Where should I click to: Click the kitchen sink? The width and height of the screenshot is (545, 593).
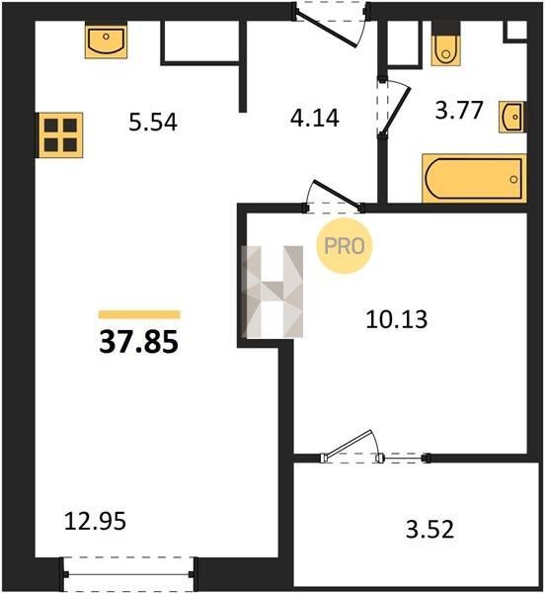[x=106, y=40]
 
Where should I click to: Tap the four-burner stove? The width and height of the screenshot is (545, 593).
[x=60, y=135]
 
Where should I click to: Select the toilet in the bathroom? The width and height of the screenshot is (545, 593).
[x=446, y=44]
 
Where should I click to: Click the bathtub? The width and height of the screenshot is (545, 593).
[x=474, y=179]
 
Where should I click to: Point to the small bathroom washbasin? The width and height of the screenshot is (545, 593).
[x=512, y=117]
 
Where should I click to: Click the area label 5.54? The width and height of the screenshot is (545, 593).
[x=153, y=123]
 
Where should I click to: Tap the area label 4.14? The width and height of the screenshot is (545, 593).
[x=315, y=118]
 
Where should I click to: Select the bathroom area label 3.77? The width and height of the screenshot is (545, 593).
[x=459, y=110]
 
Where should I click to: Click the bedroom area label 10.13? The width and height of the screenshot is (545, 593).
[x=397, y=319]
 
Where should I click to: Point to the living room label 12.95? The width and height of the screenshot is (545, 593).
[x=95, y=521]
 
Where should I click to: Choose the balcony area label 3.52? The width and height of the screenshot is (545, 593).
[x=429, y=529]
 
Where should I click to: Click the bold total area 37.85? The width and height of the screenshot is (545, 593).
[x=138, y=342]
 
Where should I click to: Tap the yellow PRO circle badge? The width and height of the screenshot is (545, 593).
[x=344, y=246]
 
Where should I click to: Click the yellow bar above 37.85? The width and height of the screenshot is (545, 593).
[x=139, y=314]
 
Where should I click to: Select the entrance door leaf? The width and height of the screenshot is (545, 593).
[x=326, y=31]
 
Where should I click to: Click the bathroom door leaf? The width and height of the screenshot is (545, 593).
[x=396, y=111]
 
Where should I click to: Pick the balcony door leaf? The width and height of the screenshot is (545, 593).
[x=349, y=443]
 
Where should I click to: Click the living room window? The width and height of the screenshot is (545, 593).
[x=128, y=575]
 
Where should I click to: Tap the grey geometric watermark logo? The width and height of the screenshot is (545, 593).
[x=272, y=292]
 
